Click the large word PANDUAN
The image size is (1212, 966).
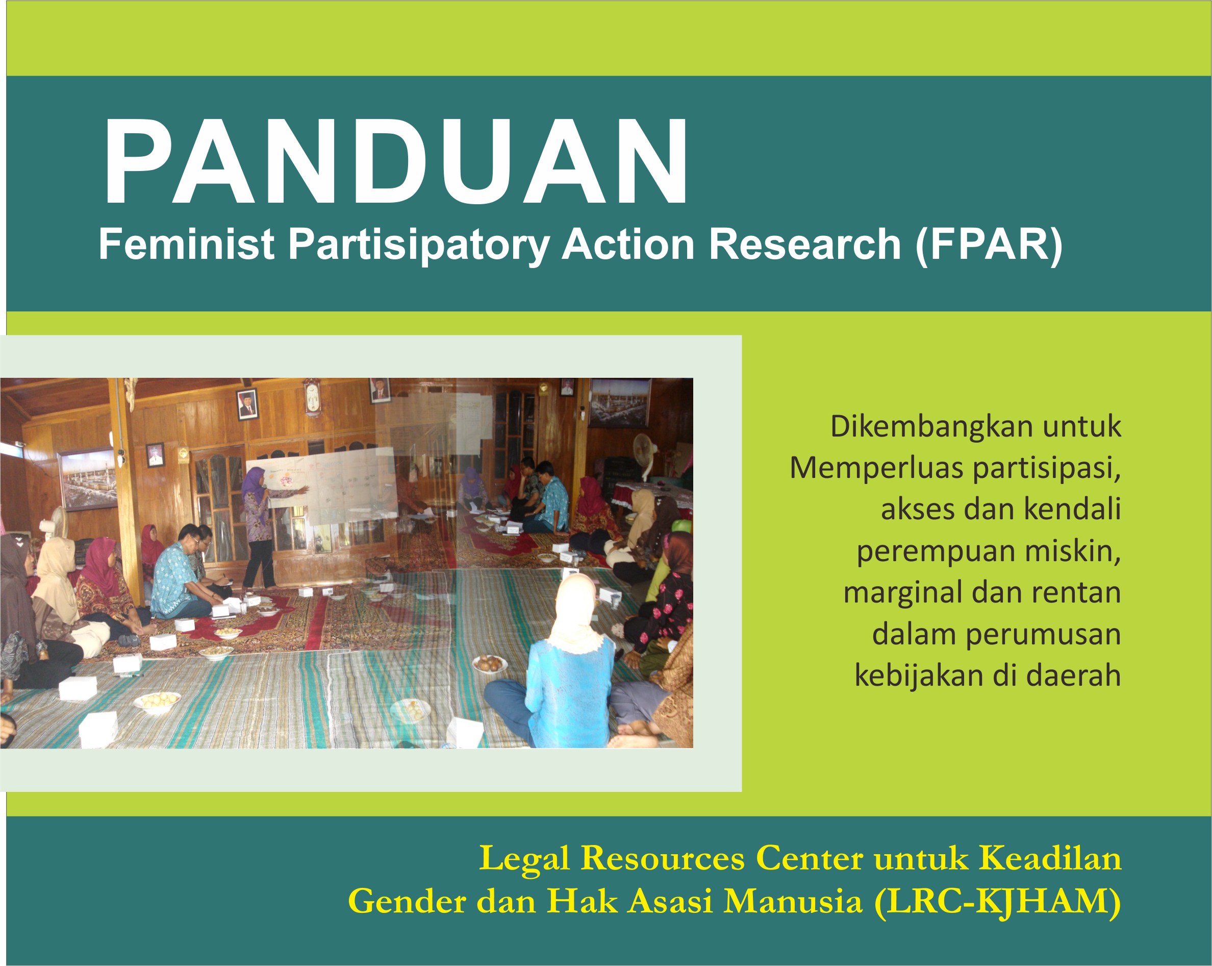395,162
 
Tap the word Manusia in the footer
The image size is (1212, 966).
793,902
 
